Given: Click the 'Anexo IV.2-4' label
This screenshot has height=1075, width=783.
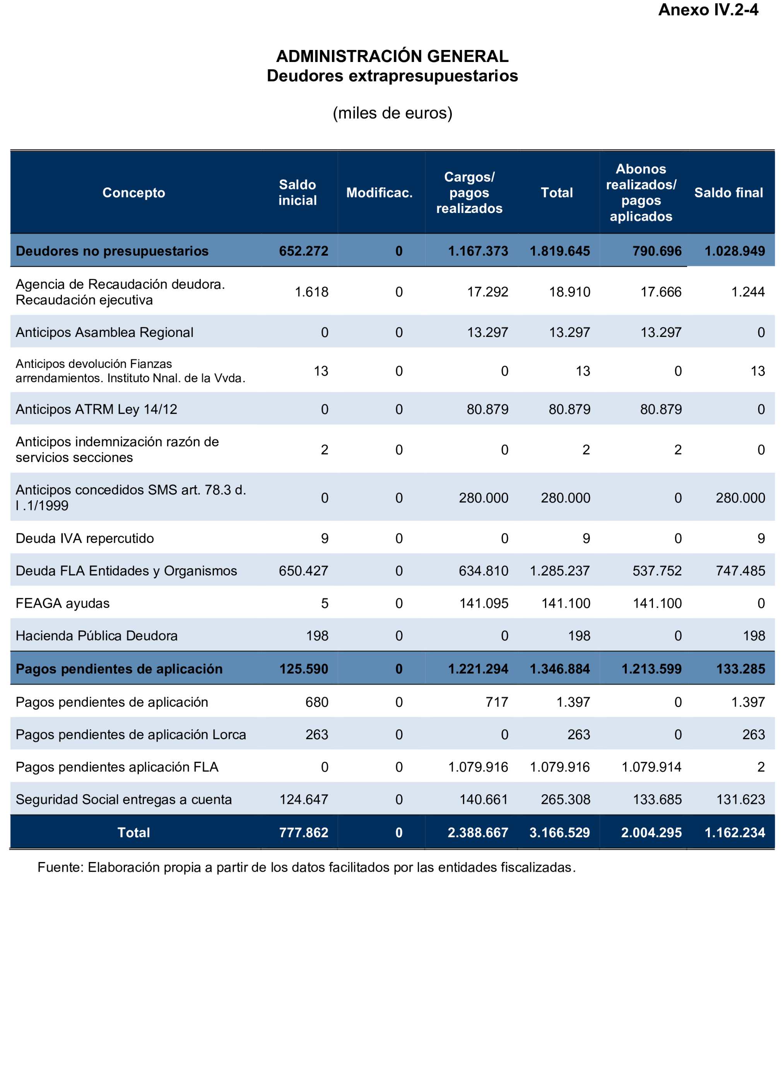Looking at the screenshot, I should pos(708,10).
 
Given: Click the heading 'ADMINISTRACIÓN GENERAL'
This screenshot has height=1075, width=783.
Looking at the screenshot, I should pos(392,56).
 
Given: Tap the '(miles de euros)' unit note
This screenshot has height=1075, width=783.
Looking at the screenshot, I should pos(392,113).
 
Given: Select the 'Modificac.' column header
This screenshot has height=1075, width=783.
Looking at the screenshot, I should pos(379,192).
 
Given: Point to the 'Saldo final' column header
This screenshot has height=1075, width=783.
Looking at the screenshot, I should pos(728,192).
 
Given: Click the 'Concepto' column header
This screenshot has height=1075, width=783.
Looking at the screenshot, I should pos(134,192).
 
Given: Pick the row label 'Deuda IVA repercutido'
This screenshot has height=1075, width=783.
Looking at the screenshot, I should pos(85,538).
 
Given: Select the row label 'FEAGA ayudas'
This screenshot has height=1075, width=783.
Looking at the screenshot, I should pos(63,603).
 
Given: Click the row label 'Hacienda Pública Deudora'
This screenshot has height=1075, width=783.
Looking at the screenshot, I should pos(97,636).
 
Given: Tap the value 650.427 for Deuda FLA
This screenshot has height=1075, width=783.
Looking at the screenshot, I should pos(303,571).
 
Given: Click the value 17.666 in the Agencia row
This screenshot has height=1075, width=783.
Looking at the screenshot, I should pos(661,292).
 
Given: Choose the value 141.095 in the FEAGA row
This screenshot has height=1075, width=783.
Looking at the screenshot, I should pos(484,603).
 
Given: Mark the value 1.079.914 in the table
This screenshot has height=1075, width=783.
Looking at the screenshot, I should pos(651,767).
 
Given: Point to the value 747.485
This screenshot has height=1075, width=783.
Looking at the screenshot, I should pos(740,571).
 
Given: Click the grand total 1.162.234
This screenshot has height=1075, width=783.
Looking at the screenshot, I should pos(735,833).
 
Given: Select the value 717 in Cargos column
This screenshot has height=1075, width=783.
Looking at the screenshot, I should pos(497,702).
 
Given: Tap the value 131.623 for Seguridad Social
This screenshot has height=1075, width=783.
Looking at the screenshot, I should pos(740,799).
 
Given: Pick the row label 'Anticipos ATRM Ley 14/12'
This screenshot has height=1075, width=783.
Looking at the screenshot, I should pos(97,409).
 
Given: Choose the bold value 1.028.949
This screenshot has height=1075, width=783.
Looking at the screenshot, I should pos(735,251).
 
